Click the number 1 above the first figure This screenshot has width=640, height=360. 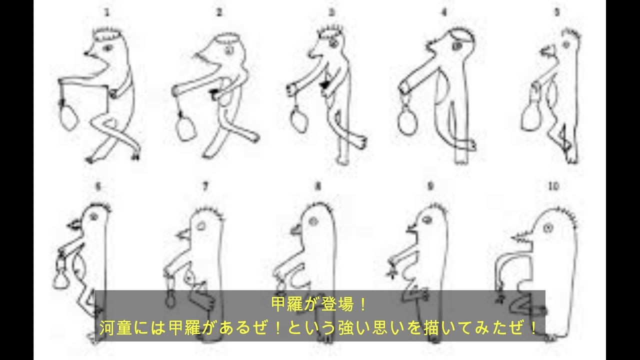(106, 13)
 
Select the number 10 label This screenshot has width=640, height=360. (553, 186)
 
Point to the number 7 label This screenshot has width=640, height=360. (205, 186)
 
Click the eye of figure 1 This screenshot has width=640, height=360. (108, 48)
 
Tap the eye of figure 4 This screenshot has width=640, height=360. (457, 45)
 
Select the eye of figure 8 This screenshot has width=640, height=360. (313, 220)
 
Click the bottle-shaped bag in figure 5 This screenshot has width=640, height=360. (531, 113)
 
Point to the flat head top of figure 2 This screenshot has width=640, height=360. (227, 37)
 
